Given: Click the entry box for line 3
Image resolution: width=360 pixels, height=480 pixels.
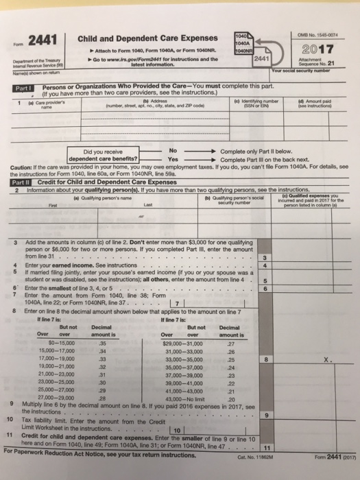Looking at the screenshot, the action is [320, 257].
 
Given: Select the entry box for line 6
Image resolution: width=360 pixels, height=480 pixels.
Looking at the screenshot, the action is [320, 289].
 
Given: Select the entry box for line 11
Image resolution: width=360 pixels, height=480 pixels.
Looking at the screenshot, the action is [320, 446].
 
